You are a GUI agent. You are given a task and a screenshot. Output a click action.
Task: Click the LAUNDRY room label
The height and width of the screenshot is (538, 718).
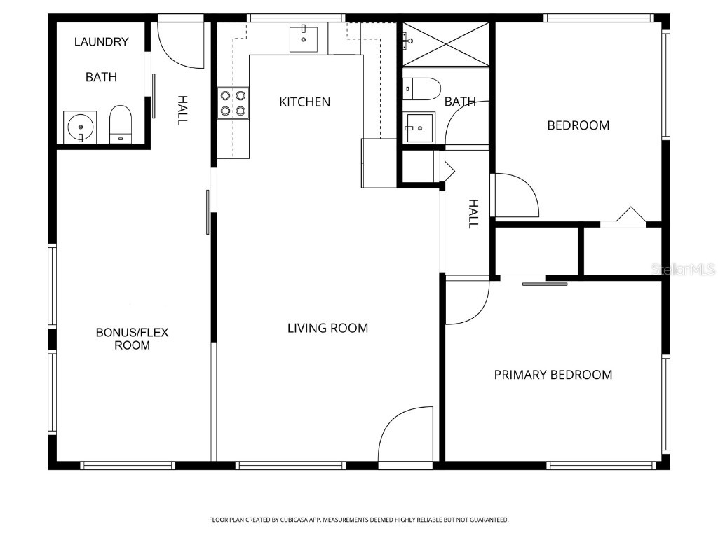point(102,42)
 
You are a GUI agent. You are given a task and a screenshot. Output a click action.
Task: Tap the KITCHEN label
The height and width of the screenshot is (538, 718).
point(304,102)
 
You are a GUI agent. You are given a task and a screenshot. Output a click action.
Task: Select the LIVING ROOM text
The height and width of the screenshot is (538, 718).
point(327,328)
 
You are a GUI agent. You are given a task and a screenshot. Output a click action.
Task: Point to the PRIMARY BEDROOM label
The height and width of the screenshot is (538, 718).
point(553,375)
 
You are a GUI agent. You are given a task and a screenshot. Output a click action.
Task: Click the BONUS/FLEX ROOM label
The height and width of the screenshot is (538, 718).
point(132,338)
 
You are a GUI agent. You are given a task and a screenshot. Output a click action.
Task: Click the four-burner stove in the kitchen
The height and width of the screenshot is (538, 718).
point(233,103)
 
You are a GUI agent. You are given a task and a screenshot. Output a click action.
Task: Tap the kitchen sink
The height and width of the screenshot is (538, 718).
point(304,39)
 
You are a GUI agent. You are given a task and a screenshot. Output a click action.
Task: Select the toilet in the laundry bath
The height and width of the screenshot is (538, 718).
point(121,125)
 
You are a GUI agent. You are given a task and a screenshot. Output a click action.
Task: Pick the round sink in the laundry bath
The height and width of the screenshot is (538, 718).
point(80,127)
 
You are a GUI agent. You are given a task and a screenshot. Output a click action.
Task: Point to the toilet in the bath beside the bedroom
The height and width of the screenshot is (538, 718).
point(423,89)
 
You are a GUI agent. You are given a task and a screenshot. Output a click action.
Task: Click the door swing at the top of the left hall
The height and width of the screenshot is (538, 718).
point(180,45)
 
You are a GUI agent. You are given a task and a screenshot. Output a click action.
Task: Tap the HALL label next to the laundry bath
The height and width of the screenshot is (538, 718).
point(182,110)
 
